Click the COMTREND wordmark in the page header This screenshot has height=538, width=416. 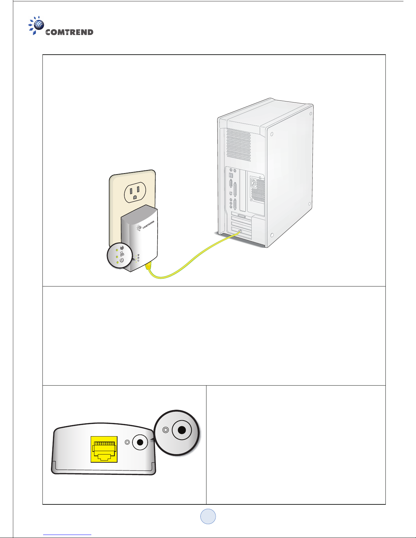(69, 32)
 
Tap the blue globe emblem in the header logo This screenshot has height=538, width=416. (39, 25)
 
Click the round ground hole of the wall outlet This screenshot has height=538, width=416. (135, 197)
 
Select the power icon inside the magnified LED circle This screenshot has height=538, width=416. (122, 260)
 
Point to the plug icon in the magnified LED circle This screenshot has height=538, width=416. (122, 248)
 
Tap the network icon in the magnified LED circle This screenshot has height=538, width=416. (122, 254)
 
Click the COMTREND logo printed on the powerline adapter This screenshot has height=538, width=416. (146, 225)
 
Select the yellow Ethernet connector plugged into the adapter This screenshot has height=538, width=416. (148, 266)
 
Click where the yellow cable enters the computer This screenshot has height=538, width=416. (239, 232)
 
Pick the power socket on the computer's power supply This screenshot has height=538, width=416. (253, 183)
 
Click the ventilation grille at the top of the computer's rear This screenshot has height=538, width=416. (239, 145)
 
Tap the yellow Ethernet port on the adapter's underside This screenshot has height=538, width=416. (104, 449)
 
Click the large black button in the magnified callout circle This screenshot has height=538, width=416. (182, 430)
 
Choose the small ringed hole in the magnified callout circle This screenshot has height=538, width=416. (166, 430)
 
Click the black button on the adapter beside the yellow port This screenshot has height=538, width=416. (140, 442)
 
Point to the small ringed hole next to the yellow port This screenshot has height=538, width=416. (127, 442)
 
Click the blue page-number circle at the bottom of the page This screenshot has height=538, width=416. (208, 516)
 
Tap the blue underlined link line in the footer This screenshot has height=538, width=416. (67, 535)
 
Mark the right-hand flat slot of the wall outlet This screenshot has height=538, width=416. (138, 189)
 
